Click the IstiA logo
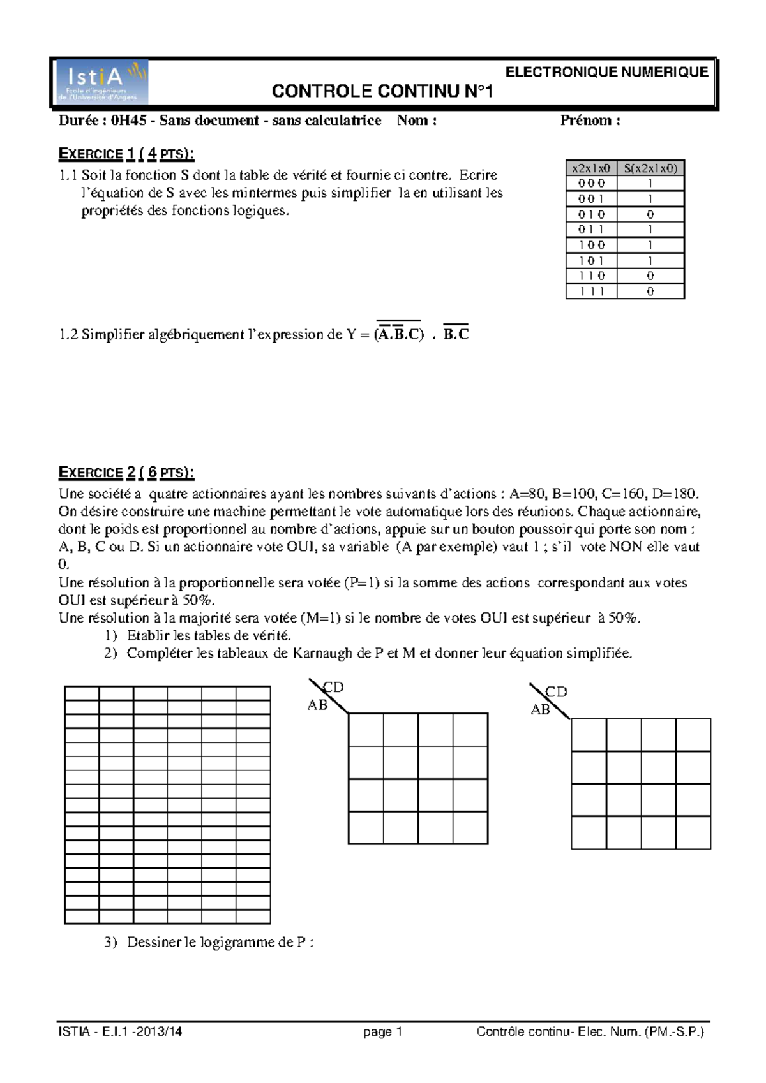pyautogui.click(x=102, y=81)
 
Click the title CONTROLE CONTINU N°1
pyautogui.click(x=382, y=92)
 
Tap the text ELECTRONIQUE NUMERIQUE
pyautogui.click(x=606, y=72)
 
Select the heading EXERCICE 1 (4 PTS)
pyautogui.click(x=126, y=154)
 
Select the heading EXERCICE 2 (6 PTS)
pyautogui.click(x=126, y=473)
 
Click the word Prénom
pyautogui.click(x=586, y=121)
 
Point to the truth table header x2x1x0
pyautogui.click(x=591, y=168)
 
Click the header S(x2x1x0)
pyautogui.click(x=650, y=168)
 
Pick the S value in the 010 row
pyautogui.click(x=650, y=214)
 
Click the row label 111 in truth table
pyautogui.click(x=591, y=291)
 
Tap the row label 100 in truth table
pyautogui.click(x=591, y=245)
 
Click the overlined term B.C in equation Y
pyautogui.click(x=456, y=334)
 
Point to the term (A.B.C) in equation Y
pyautogui.click(x=399, y=334)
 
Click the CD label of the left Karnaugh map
pyautogui.click(x=333, y=688)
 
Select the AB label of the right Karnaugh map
pyautogui.click(x=540, y=710)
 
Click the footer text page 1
pyautogui.click(x=382, y=1032)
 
